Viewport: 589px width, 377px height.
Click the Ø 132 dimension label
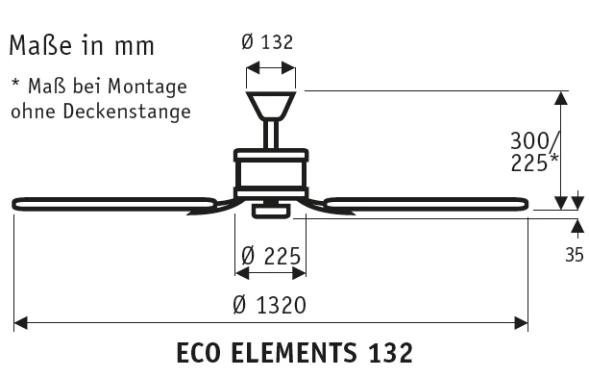pyautogui.click(x=267, y=41)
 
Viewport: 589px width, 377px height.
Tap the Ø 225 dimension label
pyautogui.click(x=271, y=256)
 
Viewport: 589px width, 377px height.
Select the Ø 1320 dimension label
pyautogui.click(x=269, y=305)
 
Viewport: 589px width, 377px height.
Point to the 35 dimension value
pyautogui.click(x=575, y=255)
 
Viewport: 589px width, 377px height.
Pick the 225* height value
pyautogui.click(x=534, y=163)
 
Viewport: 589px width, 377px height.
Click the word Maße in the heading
pyautogui.click(x=40, y=45)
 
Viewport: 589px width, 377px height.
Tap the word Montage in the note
pyautogui.click(x=147, y=88)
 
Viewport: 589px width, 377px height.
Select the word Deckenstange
pyautogui.click(x=127, y=112)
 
